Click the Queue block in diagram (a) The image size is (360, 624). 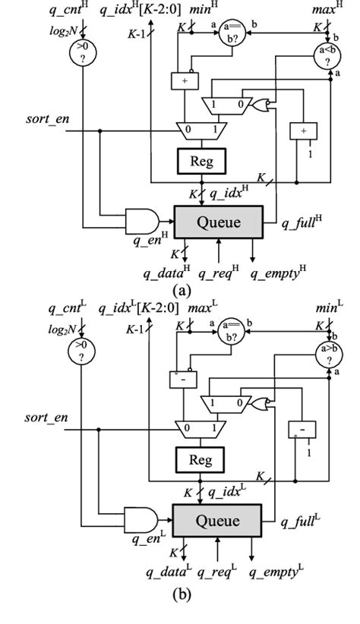click(x=219, y=222)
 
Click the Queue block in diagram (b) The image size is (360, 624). click(x=219, y=521)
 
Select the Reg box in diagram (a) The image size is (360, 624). click(x=198, y=161)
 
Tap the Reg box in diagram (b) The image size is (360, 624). click(x=198, y=459)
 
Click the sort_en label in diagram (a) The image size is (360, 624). click(x=46, y=121)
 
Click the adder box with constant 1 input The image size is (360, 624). click(x=304, y=131)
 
